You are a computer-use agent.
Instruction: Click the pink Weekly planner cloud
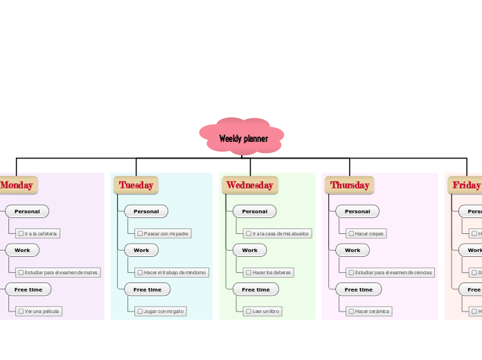[x=242, y=138]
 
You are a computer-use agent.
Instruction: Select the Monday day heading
[x=17, y=185]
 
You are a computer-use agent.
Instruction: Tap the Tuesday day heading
[x=136, y=185]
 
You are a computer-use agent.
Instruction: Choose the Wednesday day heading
[x=249, y=185]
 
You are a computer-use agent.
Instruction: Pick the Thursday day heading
[x=350, y=185]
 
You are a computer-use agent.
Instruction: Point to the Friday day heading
[x=466, y=185]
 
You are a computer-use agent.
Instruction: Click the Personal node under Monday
[x=27, y=211]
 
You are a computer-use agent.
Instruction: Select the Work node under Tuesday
[x=141, y=250]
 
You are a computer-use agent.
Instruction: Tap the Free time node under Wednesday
[x=256, y=289]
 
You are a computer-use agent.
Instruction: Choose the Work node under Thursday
[x=352, y=250]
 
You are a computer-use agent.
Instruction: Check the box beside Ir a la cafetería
[x=21, y=234]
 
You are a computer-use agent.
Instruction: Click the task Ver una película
[x=42, y=312]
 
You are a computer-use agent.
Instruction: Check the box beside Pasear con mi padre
[x=140, y=234]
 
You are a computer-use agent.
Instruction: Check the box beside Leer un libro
[x=248, y=312]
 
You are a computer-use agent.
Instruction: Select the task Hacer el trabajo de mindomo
[x=175, y=273]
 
